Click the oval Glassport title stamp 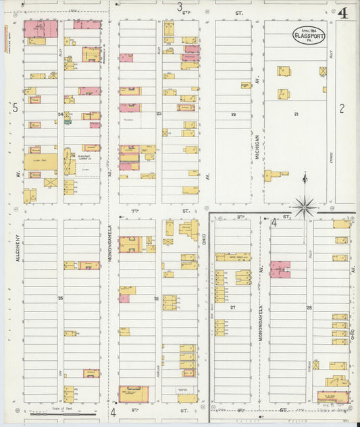[309, 35]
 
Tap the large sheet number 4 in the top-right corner [344, 13]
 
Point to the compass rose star [304, 206]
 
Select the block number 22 [233, 115]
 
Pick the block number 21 [296, 115]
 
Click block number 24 [60, 114]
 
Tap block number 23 [159, 114]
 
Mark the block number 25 [60, 298]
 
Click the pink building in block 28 [280, 269]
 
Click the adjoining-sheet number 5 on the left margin [14, 107]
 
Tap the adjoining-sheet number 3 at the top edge [180, 7]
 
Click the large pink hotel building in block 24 [41, 28]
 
